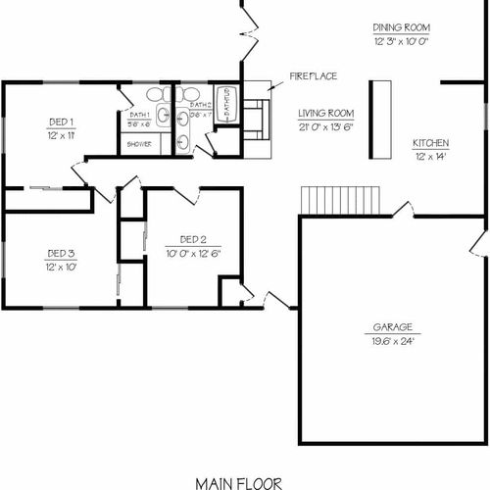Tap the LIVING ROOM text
click(x=325, y=113)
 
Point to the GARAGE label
click(x=391, y=327)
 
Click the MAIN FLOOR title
click(x=238, y=481)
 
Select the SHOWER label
click(x=137, y=143)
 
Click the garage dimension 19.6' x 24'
click(x=391, y=341)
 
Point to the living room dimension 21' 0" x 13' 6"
click(x=325, y=126)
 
